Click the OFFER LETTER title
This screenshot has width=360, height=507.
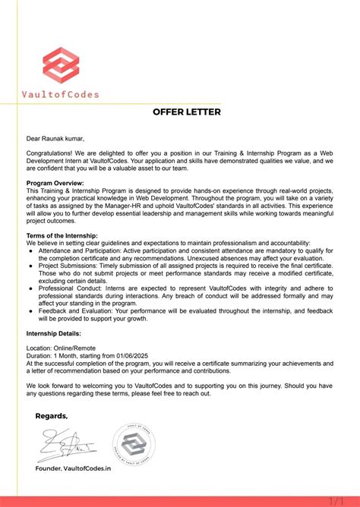click(x=186, y=112)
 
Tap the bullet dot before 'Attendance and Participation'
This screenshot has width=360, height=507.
click(x=30, y=250)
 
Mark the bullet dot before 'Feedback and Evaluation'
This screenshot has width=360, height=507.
click(x=30, y=332)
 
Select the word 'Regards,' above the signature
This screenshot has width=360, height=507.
click(x=52, y=416)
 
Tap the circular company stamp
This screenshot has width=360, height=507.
click(x=134, y=443)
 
